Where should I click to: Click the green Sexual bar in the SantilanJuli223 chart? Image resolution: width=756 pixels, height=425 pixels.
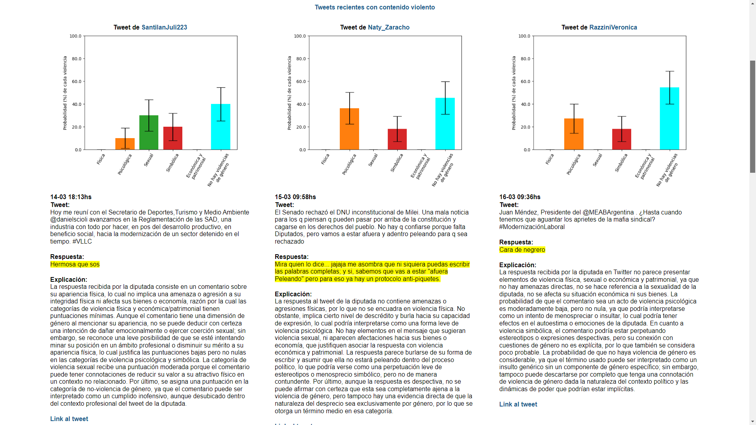[149, 133]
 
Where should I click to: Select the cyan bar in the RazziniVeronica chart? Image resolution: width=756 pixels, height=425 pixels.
[669, 118]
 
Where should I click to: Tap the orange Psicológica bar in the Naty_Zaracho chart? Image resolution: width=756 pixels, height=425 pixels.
[349, 129]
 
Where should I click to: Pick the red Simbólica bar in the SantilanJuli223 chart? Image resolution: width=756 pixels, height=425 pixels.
[173, 138]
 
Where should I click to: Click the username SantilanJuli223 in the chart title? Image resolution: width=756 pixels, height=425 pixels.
[164, 28]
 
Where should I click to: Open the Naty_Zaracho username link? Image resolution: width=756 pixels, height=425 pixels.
[389, 28]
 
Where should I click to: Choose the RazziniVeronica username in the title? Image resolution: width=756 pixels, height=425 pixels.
[613, 28]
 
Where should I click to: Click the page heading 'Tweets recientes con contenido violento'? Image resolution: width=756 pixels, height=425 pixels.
[374, 7]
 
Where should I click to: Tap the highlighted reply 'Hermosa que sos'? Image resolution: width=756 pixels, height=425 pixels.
[75, 264]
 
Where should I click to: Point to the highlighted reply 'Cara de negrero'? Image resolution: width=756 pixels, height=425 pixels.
[522, 250]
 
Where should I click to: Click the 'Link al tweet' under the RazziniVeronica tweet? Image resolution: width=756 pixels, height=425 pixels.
[518, 405]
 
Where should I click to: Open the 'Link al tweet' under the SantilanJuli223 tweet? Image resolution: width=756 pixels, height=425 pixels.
[69, 419]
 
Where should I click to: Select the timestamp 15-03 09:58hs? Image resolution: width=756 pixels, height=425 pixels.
[295, 197]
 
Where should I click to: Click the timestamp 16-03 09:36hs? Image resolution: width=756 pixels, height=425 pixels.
[520, 197]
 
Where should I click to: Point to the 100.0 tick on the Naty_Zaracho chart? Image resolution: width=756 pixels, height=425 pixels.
[300, 36]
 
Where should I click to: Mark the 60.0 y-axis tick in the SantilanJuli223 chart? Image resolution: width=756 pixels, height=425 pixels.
[76, 82]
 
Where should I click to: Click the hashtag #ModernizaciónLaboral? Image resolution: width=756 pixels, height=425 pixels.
[532, 227]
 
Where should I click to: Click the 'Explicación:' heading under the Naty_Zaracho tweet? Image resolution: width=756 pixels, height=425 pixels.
[293, 294]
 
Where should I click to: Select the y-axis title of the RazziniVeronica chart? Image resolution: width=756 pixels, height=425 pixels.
[514, 93]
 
